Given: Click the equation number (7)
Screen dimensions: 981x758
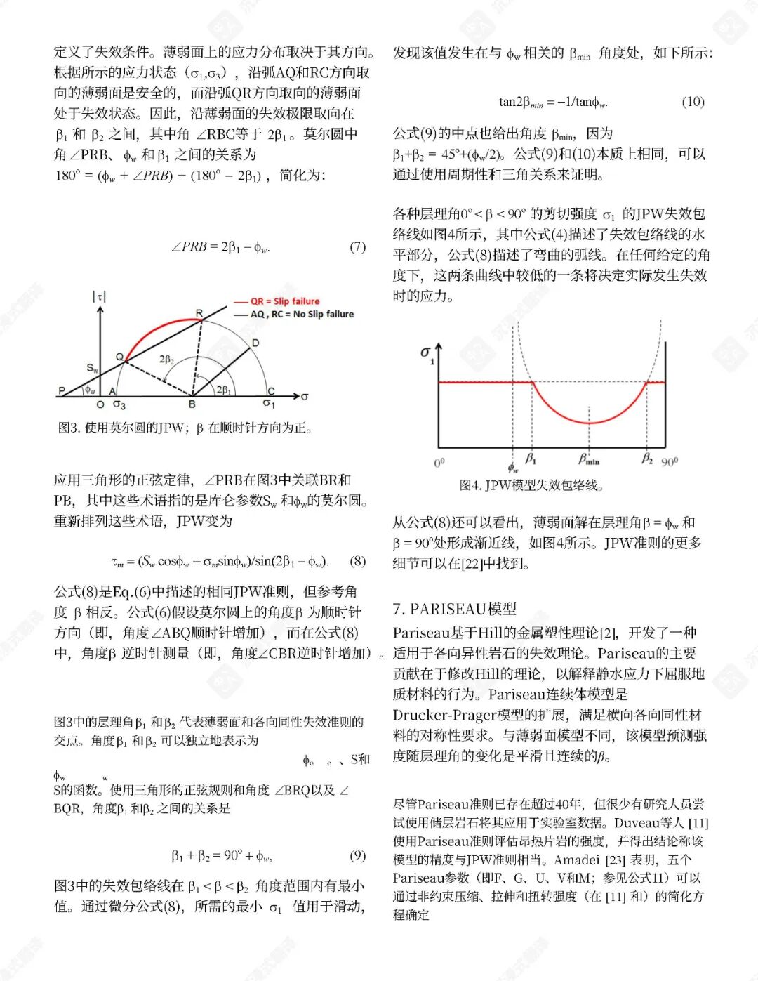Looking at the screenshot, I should coord(357,246).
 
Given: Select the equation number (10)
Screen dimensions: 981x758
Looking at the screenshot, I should coord(693,102).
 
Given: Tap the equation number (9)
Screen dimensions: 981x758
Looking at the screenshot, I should coord(357,855).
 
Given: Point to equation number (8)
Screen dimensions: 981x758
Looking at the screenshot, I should coord(357,561).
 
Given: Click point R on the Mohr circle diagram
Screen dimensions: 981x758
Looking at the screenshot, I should coord(199,313).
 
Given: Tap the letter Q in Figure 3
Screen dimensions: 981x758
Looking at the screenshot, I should coord(119,357).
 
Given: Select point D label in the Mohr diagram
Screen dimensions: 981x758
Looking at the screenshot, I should coord(255,343).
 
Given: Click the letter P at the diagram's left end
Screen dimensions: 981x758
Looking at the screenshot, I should coord(62,391).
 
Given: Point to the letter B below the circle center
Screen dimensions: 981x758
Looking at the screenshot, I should coord(192,404).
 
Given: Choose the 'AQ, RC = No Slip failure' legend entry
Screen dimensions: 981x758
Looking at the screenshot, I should coord(302,314).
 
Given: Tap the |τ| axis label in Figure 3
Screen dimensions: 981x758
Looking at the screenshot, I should coord(99,297).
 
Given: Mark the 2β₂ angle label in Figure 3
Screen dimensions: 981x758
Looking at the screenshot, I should coord(166,360).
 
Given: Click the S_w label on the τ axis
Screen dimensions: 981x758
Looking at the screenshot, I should coord(93,368).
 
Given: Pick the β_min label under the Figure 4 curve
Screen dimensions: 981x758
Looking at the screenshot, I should coord(589,460).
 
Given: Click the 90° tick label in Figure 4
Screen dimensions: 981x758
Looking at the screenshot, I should coord(670,461).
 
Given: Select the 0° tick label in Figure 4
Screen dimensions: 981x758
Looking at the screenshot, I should coord(439,463).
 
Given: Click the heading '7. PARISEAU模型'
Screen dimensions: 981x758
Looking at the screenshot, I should coord(454,608).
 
